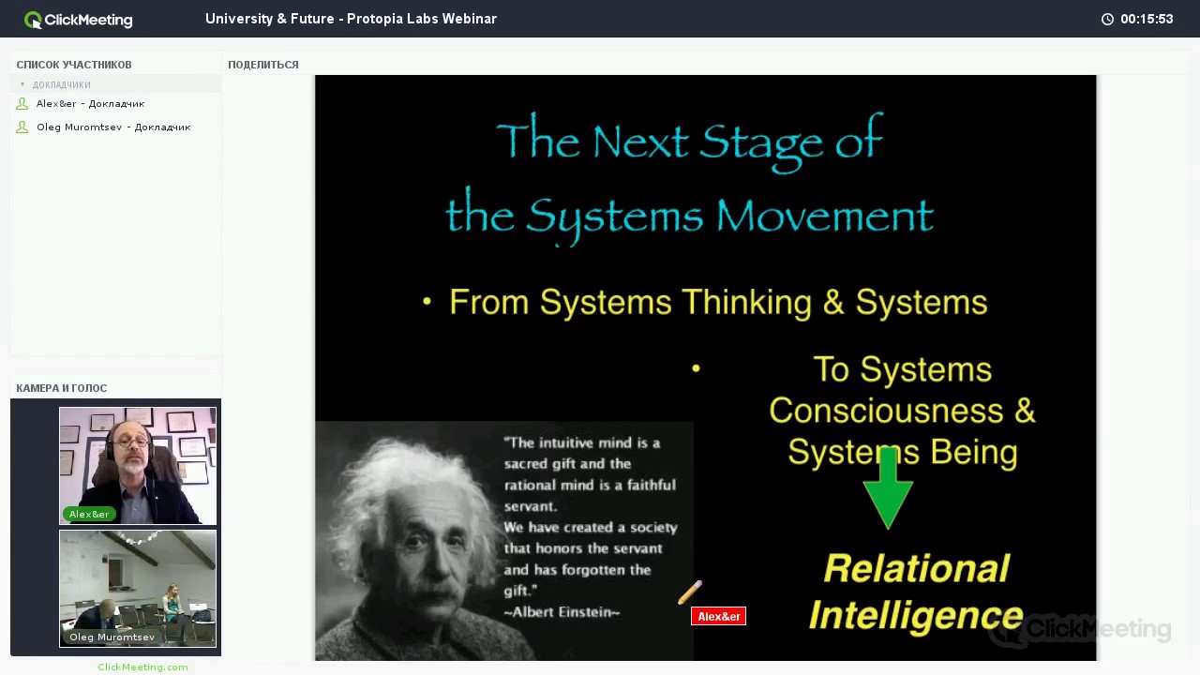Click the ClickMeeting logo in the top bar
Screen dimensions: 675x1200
coord(79,20)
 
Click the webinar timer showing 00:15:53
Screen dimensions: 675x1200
coord(1146,20)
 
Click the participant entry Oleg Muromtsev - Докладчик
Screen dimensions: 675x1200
coord(112,127)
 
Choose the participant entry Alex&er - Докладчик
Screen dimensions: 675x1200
coord(90,104)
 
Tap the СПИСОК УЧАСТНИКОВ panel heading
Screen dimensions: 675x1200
coord(74,65)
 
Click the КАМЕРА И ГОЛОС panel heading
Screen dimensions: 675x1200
coord(62,388)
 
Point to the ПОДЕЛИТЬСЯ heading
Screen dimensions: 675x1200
coord(263,65)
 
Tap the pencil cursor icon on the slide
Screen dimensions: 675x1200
coord(690,592)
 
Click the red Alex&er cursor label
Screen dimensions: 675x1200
coord(718,616)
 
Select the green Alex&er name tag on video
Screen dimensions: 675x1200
coord(89,514)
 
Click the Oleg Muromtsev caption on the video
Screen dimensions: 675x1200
coord(112,637)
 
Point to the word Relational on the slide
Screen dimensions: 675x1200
coord(916,568)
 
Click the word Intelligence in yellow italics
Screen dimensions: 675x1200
coord(915,616)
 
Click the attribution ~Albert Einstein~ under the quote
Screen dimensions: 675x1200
coord(562,612)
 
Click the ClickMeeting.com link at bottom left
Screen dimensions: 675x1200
coord(142,667)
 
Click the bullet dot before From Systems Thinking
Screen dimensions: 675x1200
coord(427,302)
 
